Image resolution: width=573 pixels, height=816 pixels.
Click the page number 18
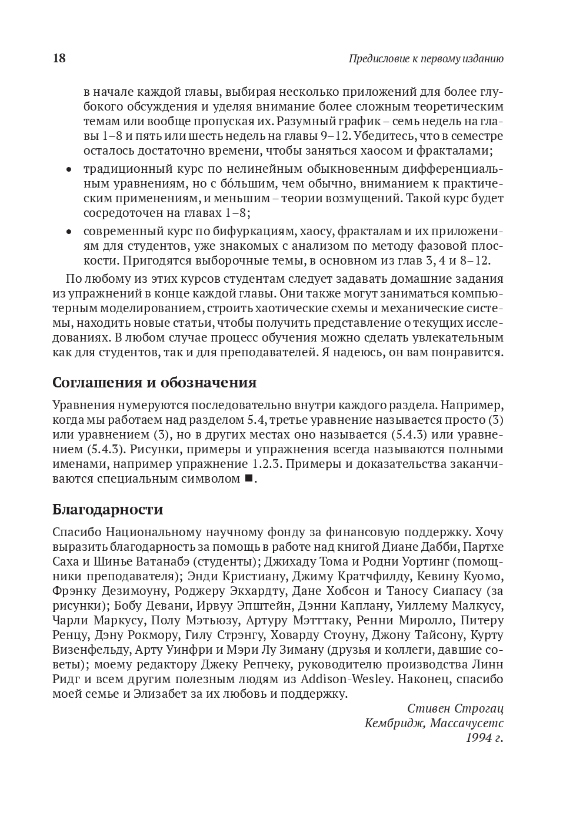[x=59, y=58]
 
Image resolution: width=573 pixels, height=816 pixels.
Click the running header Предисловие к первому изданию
[x=426, y=59]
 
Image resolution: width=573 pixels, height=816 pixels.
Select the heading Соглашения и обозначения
[x=154, y=383]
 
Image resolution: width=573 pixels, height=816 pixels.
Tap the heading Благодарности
[x=108, y=509]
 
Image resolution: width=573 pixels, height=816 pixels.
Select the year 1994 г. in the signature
[x=484, y=738]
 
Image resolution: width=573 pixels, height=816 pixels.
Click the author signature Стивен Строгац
[x=455, y=708]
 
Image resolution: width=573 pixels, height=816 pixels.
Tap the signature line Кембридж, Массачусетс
[x=434, y=723]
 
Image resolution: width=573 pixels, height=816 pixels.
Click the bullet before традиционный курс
[x=69, y=170]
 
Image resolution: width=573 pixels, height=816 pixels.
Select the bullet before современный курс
[x=69, y=232]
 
